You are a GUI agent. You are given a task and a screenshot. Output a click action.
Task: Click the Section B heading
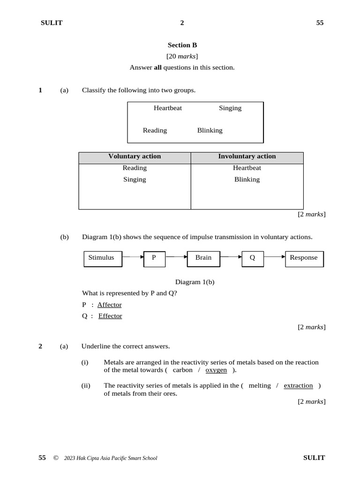tap(182, 45)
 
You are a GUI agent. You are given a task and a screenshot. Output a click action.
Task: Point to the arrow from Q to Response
tap(274, 257)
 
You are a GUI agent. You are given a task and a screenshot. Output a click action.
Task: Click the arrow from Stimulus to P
tap(133, 257)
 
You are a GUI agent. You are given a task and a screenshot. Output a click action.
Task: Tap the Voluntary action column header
tap(135, 157)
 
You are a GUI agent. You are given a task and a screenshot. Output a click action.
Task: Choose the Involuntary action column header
tap(247, 157)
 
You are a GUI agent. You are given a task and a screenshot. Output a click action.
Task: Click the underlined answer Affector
tap(109, 305)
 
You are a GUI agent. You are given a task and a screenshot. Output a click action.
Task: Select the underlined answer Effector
tap(110, 316)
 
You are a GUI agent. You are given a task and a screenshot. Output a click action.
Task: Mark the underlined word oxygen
tap(216, 370)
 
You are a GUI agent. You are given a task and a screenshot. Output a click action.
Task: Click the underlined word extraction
tap(298, 386)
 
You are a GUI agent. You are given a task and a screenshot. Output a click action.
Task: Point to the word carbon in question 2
tap(182, 370)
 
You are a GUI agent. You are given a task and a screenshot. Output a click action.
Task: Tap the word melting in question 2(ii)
tap(260, 386)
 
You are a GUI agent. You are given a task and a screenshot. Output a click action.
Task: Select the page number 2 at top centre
tap(182, 23)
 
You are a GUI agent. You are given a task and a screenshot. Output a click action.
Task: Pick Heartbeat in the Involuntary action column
tap(247, 168)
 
